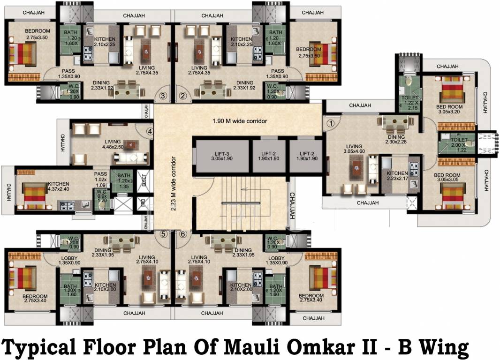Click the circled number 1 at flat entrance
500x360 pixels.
click(x=331, y=124)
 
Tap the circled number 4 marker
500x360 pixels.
click(x=150, y=132)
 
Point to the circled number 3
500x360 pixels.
click(x=163, y=96)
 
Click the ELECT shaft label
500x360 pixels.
click(x=144, y=181)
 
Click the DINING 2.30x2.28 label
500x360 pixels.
click(x=395, y=139)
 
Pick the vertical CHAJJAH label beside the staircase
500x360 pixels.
click(x=292, y=206)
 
